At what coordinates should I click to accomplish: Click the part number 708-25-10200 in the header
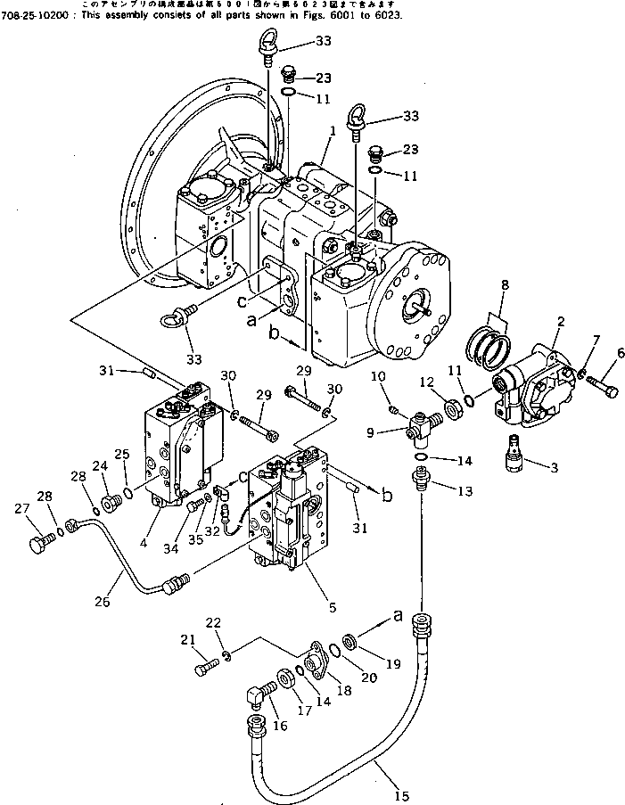tap(37, 16)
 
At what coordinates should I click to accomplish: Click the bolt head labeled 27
tap(38, 541)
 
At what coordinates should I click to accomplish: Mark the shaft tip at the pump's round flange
tap(431, 313)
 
